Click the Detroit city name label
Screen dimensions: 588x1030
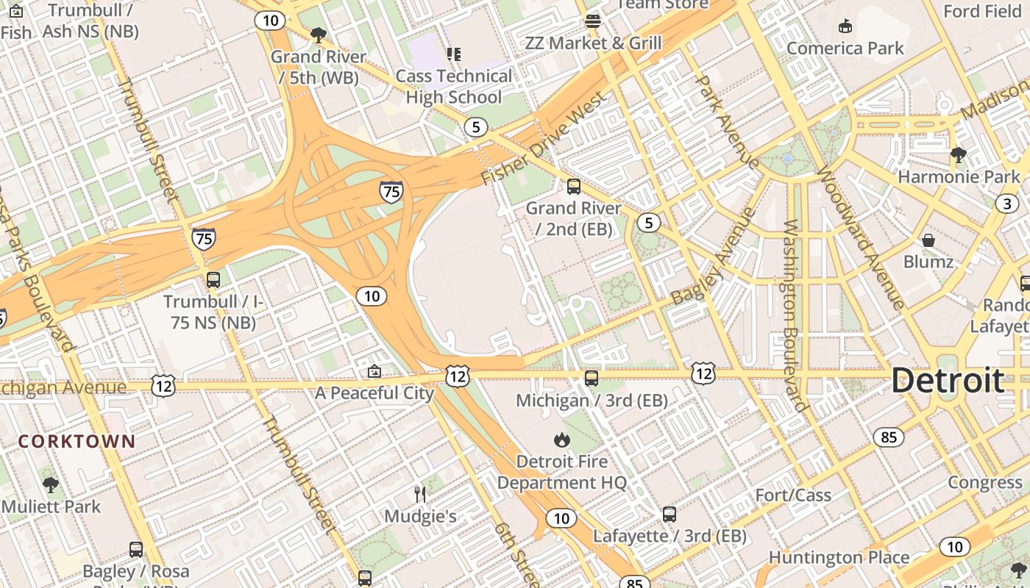(x=948, y=381)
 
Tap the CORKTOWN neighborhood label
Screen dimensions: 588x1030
(x=77, y=442)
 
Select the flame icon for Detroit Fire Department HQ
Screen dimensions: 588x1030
(x=562, y=440)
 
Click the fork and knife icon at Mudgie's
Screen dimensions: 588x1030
(x=420, y=494)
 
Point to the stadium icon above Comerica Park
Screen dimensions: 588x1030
(x=845, y=26)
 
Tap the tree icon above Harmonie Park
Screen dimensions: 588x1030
(x=958, y=154)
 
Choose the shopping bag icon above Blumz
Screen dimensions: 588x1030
(x=928, y=240)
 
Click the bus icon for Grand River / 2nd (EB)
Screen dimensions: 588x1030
(x=573, y=187)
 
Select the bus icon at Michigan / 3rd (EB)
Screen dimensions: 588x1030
(x=592, y=379)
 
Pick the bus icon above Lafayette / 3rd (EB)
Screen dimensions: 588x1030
(x=669, y=514)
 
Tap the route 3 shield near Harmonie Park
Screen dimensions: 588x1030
(x=1007, y=204)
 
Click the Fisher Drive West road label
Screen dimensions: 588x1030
(x=544, y=138)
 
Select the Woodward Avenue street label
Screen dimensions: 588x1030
(x=859, y=240)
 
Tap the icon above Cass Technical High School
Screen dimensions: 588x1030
(x=454, y=54)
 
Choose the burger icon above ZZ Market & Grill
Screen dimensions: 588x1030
(x=593, y=21)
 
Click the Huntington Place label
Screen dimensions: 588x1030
(x=839, y=558)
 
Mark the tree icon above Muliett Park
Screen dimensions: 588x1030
(x=51, y=485)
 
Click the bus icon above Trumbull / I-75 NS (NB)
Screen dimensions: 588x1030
(x=213, y=280)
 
